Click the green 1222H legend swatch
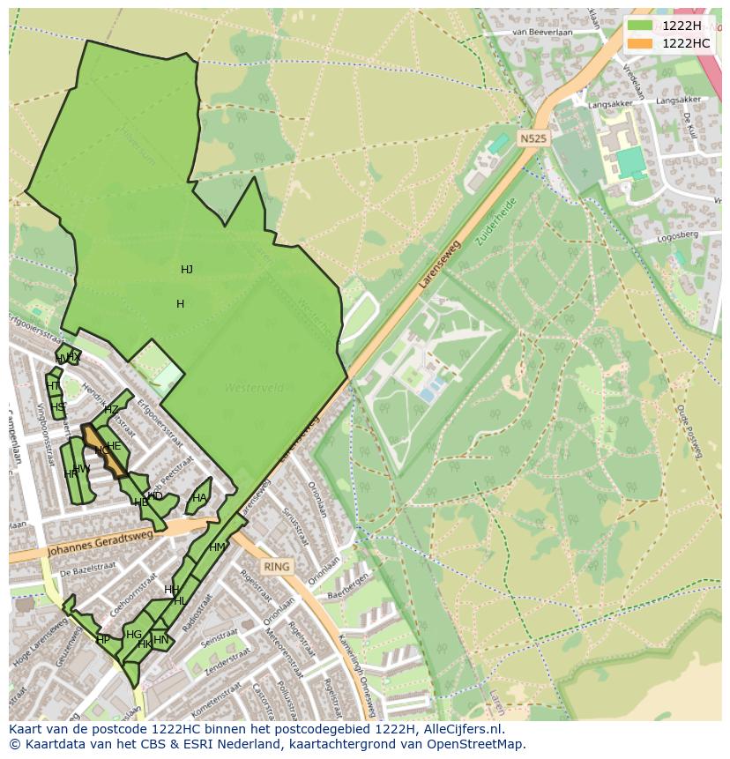click(x=640, y=26)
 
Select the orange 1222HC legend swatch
click(x=640, y=43)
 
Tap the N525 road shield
click(x=533, y=138)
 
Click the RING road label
click(x=276, y=568)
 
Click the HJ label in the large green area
click(x=186, y=270)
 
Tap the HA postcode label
click(x=199, y=498)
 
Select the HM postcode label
click(x=217, y=547)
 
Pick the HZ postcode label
click(x=111, y=410)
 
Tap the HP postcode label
click(x=103, y=640)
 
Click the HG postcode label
click(x=134, y=635)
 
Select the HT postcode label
click(x=52, y=386)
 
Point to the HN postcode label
click(x=160, y=640)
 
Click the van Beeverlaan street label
click(x=543, y=33)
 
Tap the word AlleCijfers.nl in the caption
click(x=462, y=729)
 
